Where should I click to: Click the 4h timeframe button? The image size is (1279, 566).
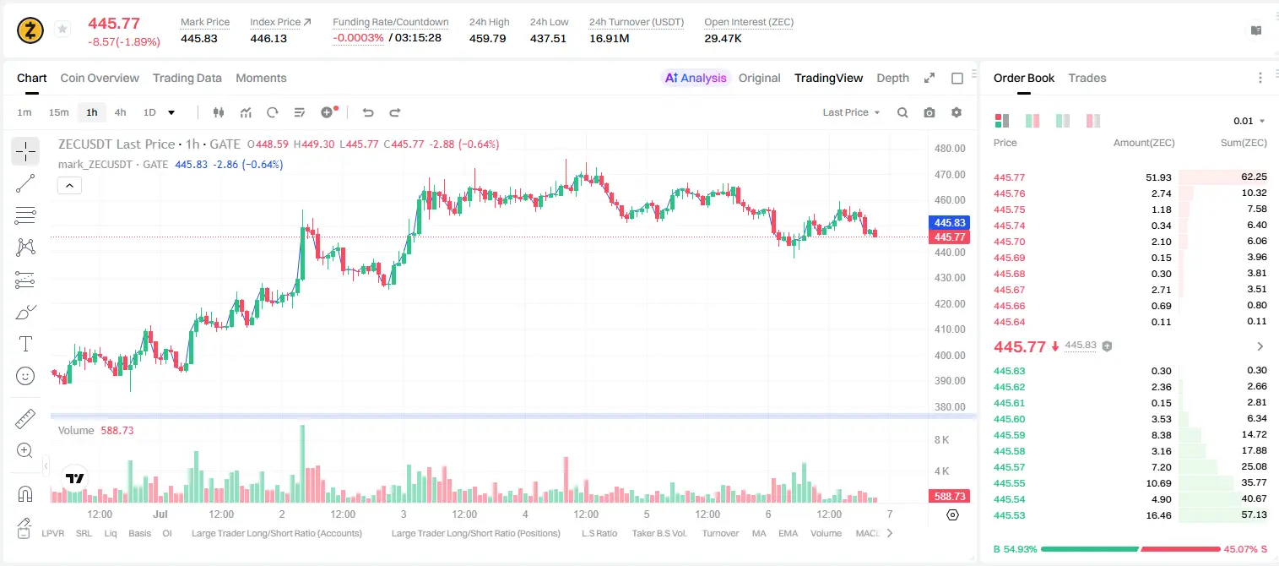pos(120,112)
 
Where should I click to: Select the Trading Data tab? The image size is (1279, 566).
pos(187,78)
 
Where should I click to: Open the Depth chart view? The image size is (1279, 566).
pos(892,78)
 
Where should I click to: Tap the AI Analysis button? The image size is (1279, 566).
pos(696,78)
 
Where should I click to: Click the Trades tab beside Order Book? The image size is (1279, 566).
pos(1087,78)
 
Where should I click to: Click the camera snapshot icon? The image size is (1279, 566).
pos(929,112)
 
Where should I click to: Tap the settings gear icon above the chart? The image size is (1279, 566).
pos(957,112)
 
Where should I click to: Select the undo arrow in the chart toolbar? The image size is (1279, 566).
pos(368,112)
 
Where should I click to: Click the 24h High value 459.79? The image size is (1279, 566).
pos(488,38)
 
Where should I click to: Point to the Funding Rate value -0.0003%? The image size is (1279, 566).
pos(358,38)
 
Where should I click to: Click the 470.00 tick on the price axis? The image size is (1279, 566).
pos(950,174)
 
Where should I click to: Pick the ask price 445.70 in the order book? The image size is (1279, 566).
pos(1009,242)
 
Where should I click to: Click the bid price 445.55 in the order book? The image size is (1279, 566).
pos(1009,483)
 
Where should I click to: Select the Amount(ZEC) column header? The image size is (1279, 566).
pos(1144,143)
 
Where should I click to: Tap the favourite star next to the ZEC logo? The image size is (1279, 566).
pos(62,29)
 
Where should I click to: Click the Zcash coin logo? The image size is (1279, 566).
pos(30,30)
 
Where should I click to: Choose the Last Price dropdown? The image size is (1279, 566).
pos(851,112)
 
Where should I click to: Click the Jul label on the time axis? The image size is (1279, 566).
pos(160,514)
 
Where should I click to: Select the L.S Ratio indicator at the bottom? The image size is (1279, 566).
pos(599,533)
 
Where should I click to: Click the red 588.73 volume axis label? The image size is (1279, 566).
pos(950,497)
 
